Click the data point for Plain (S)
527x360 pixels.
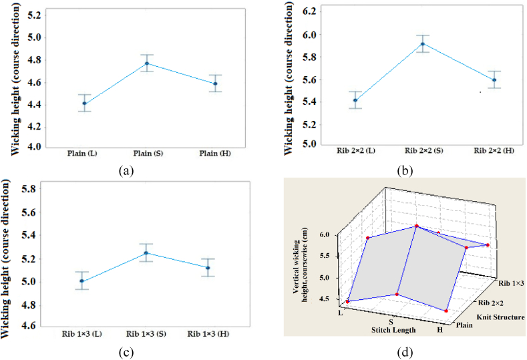point(147,63)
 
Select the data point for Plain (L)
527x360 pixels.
point(84,103)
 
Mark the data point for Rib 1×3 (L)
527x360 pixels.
point(81,281)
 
